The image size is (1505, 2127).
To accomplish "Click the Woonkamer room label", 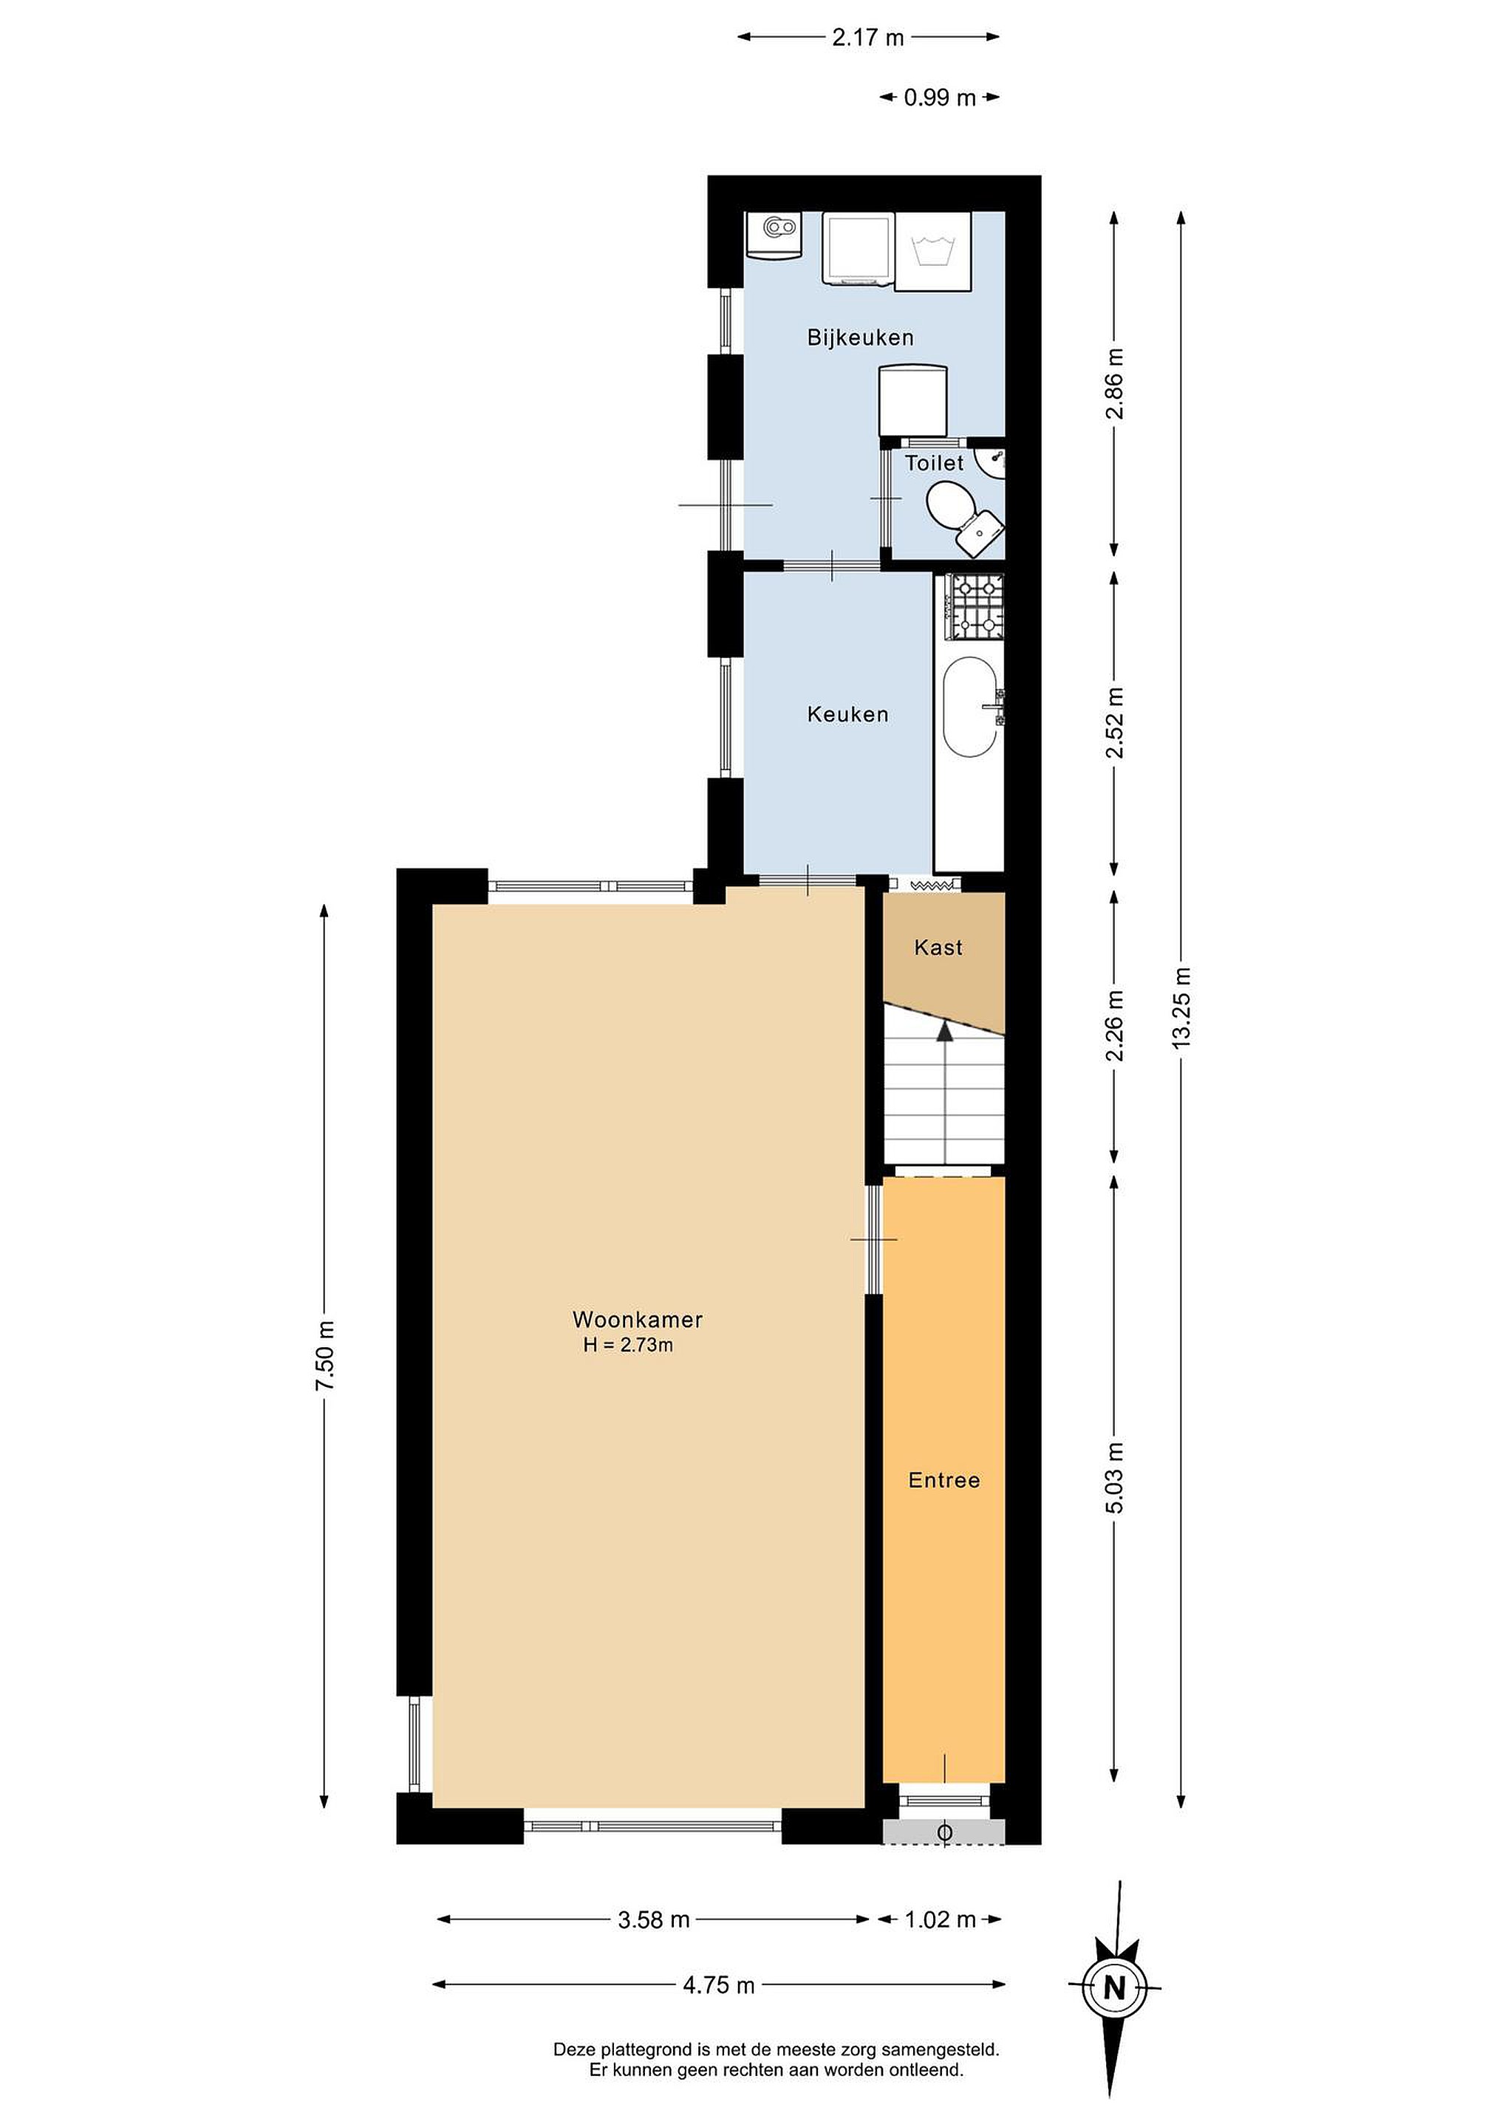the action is (x=637, y=1319).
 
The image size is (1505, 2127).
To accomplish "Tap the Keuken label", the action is (x=848, y=714).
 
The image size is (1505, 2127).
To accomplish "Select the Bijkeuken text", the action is (x=860, y=338).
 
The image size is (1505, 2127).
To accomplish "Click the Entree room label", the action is (x=943, y=1480).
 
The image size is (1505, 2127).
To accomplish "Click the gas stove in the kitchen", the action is (x=974, y=607).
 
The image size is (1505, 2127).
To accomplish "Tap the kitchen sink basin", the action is (x=970, y=708).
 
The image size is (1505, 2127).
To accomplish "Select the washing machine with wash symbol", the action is (x=933, y=252).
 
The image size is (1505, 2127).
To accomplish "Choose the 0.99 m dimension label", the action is (x=940, y=97).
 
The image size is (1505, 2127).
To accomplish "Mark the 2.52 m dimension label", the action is (x=1114, y=722).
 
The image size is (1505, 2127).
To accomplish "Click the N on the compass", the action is (x=1115, y=1987).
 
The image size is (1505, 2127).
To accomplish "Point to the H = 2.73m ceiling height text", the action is (x=627, y=1345).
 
